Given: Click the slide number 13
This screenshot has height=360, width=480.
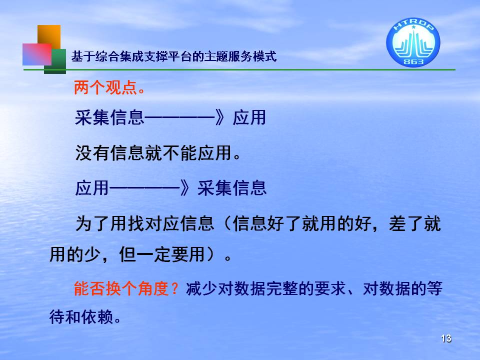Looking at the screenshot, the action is click(x=446, y=338).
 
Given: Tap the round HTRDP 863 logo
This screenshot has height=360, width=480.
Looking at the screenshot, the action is click(x=413, y=42).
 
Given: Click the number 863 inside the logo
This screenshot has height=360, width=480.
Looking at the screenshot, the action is click(x=413, y=61).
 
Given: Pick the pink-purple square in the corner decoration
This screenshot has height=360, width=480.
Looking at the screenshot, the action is click(x=37, y=54).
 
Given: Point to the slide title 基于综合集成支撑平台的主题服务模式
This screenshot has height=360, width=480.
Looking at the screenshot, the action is click(x=174, y=56).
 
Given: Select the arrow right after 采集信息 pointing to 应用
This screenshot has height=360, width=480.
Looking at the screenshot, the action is click(x=184, y=117).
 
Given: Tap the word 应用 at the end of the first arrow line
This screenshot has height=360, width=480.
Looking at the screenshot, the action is click(x=249, y=117).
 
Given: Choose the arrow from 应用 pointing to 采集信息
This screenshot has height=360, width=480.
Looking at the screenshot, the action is click(x=149, y=187).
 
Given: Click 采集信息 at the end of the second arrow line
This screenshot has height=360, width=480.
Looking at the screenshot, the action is click(x=232, y=187).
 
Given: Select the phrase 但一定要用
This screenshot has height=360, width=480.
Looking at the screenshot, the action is click(x=162, y=254).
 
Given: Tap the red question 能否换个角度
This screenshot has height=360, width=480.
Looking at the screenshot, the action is click(x=121, y=288).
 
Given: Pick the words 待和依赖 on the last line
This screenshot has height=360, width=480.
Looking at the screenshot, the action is click(x=81, y=317).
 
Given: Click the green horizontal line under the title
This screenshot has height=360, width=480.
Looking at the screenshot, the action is click(x=239, y=70).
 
